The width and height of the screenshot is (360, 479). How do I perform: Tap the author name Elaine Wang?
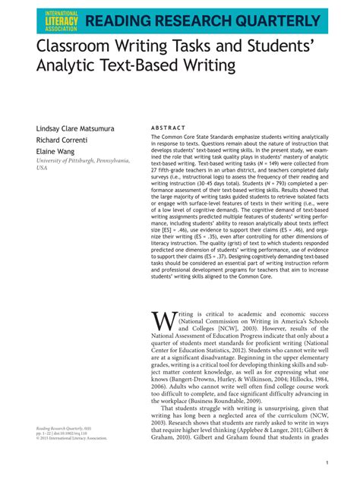point(54,153)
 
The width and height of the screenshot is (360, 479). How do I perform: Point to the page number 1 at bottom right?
point(325,463)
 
